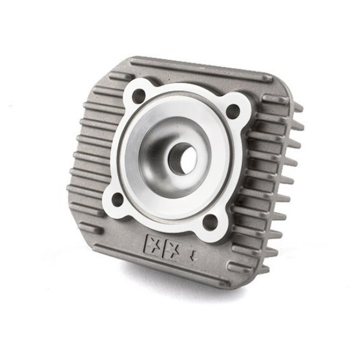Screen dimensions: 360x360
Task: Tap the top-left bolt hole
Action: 139,95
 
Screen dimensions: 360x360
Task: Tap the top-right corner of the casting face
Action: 282,84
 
